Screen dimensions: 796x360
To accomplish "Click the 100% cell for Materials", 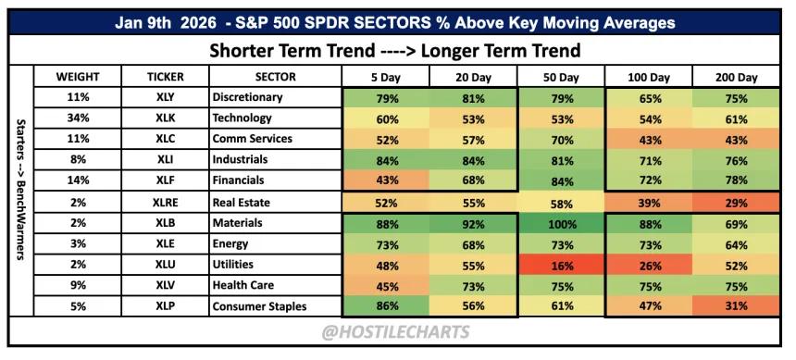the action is click(x=561, y=223).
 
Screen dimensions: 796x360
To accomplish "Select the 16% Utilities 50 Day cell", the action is click(x=561, y=265).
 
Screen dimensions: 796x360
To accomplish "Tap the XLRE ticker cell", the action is click(x=165, y=203).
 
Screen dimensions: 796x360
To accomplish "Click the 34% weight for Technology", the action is click(x=78, y=118).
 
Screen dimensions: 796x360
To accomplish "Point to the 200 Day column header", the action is click(x=736, y=78).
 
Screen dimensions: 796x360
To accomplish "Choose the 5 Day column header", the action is click(x=386, y=78).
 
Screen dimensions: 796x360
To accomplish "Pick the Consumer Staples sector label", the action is click(x=259, y=306).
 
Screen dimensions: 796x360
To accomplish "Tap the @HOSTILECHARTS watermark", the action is click(x=395, y=332).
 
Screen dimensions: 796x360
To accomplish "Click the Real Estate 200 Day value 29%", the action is click(x=736, y=203).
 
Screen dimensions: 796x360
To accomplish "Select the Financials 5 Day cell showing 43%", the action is click(x=386, y=180).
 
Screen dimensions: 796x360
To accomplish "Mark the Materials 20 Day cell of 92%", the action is click(x=474, y=223).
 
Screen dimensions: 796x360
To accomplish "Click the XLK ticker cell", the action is click(x=165, y=118).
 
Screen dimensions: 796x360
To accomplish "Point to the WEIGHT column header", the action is click(x=78, y=78).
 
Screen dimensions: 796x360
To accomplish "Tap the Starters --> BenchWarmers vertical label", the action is click(x=21, y=190).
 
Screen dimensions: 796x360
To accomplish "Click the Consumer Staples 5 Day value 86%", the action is click(x=386, y=306).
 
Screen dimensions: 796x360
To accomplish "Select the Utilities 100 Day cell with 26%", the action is click(x=649, y=265).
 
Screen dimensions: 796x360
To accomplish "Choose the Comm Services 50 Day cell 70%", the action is click(x=561, y=139).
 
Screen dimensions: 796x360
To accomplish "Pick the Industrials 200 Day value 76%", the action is click(x=736, y=160).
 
